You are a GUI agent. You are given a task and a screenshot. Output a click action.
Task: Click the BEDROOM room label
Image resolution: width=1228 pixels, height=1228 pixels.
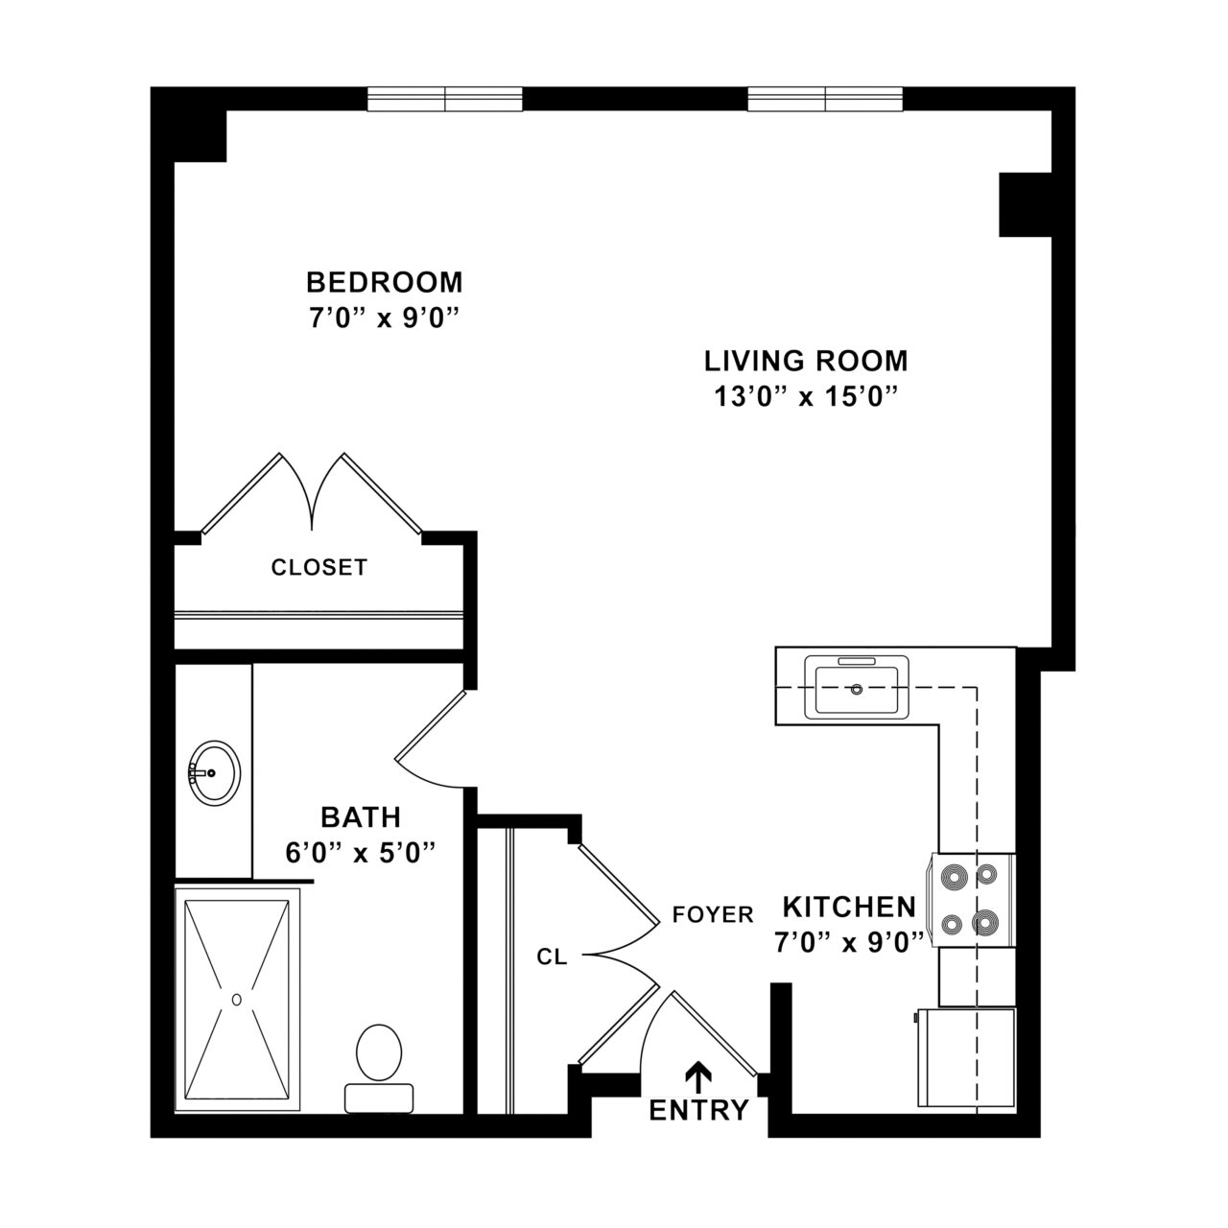tap(384, 282)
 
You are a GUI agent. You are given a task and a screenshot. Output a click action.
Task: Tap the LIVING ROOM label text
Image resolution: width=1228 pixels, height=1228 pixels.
tap(806, 362)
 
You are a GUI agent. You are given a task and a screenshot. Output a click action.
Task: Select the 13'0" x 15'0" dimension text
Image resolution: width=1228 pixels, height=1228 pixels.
tap(806, 395)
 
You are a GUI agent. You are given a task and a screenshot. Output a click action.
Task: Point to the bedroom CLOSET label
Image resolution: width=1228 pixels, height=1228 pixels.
tap(319, 567)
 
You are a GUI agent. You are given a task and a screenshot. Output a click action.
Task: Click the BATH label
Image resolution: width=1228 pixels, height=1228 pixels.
tap(361, 817)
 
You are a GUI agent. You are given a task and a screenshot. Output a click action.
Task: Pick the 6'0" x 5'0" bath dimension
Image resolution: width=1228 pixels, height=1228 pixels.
tap(361, 852)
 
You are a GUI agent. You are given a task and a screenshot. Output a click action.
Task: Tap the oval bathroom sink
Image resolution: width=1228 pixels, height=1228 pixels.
tap(214, 772)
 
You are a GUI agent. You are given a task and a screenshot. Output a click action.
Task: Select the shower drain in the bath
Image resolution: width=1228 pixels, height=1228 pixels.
tap(236, 999)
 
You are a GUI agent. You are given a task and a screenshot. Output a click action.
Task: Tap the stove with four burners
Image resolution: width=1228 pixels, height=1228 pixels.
tap(969, 900)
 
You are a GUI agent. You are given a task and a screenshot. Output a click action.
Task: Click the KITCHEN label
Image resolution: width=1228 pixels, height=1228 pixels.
tap(849, 907)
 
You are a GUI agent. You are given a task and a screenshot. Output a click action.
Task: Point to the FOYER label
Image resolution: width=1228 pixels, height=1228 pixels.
tap(713, 914)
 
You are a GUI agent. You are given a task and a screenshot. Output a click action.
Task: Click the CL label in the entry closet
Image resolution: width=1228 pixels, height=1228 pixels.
tap(552, 956)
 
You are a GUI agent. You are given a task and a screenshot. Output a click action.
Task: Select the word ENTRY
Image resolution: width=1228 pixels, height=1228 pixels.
tap(698, 1111)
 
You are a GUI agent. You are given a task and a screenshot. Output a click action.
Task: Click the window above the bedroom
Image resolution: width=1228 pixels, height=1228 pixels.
tap(445, 98)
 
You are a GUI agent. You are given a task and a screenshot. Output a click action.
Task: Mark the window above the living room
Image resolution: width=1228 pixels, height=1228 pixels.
tap(825, 98)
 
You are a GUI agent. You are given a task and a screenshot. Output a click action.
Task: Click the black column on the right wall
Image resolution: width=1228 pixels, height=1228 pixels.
tap(1025, 204)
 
